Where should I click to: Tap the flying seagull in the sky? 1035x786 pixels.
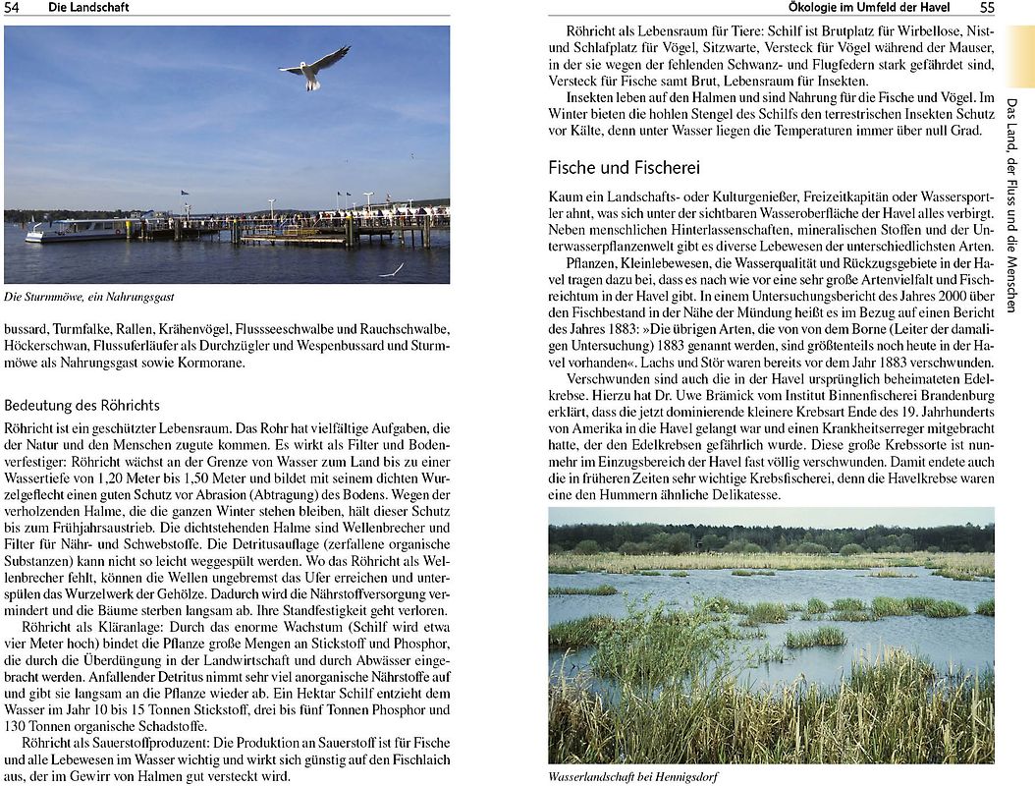click(x=314, y=67)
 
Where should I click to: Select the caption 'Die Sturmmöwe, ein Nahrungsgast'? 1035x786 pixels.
click(x=89, y=297)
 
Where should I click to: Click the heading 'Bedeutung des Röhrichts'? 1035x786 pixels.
click(x=82, y=405)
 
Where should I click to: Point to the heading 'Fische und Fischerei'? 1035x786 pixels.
click(x=624, y=167)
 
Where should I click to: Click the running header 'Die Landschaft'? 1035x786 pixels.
click(x=88, y=8)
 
